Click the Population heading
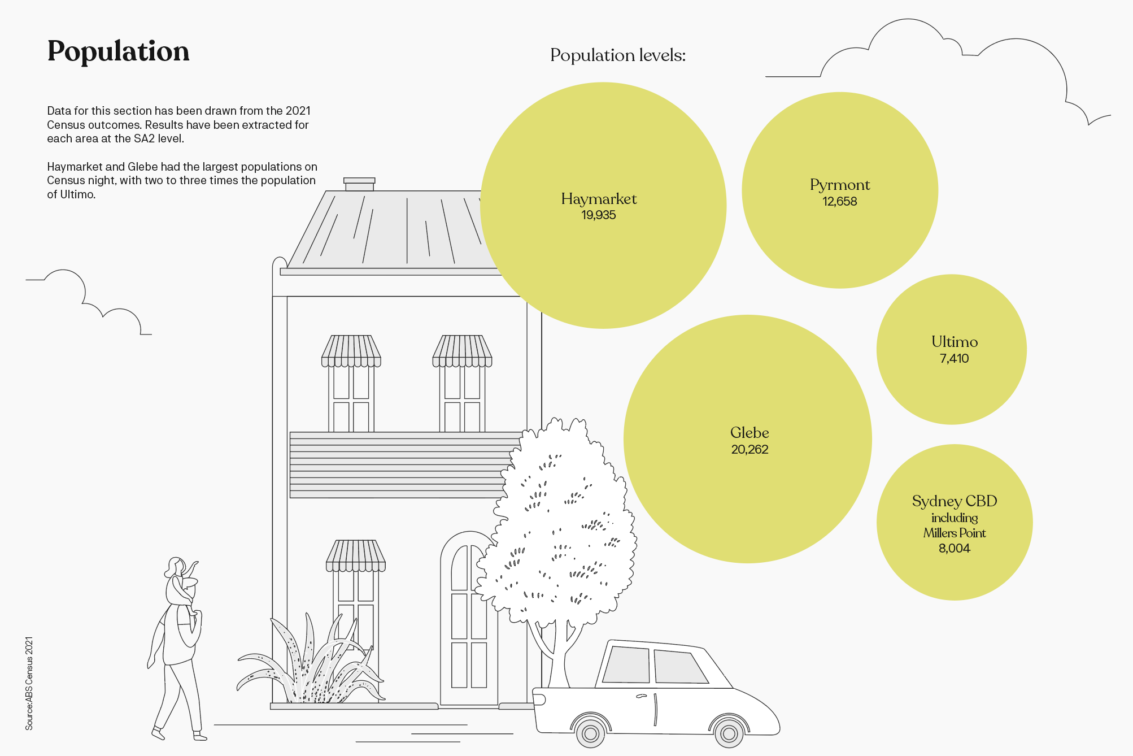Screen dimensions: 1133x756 click(x=118, y=51)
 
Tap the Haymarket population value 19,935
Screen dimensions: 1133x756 click(x=599, y=215)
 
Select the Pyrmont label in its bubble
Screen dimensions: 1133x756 click(x=840, y=185)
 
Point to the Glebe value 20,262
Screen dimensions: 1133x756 click(x=749, y=450)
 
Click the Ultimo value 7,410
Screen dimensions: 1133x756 click(x=954, y=359)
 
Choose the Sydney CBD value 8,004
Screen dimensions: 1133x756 click(x=954, y=549)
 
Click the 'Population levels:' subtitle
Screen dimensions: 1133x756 click(x=618, y=55)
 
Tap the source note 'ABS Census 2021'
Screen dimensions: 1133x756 click(x=29, y=683)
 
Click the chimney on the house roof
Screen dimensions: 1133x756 click(x=359, y=184)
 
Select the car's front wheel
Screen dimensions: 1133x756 click(x=729, y=733)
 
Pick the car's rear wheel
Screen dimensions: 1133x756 click(x=591, y=733)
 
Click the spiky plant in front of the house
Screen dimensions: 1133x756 click(x=311, y=667)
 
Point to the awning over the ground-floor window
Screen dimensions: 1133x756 click(x=356, y=556)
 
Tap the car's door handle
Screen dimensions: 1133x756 click(x=641, y=696)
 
